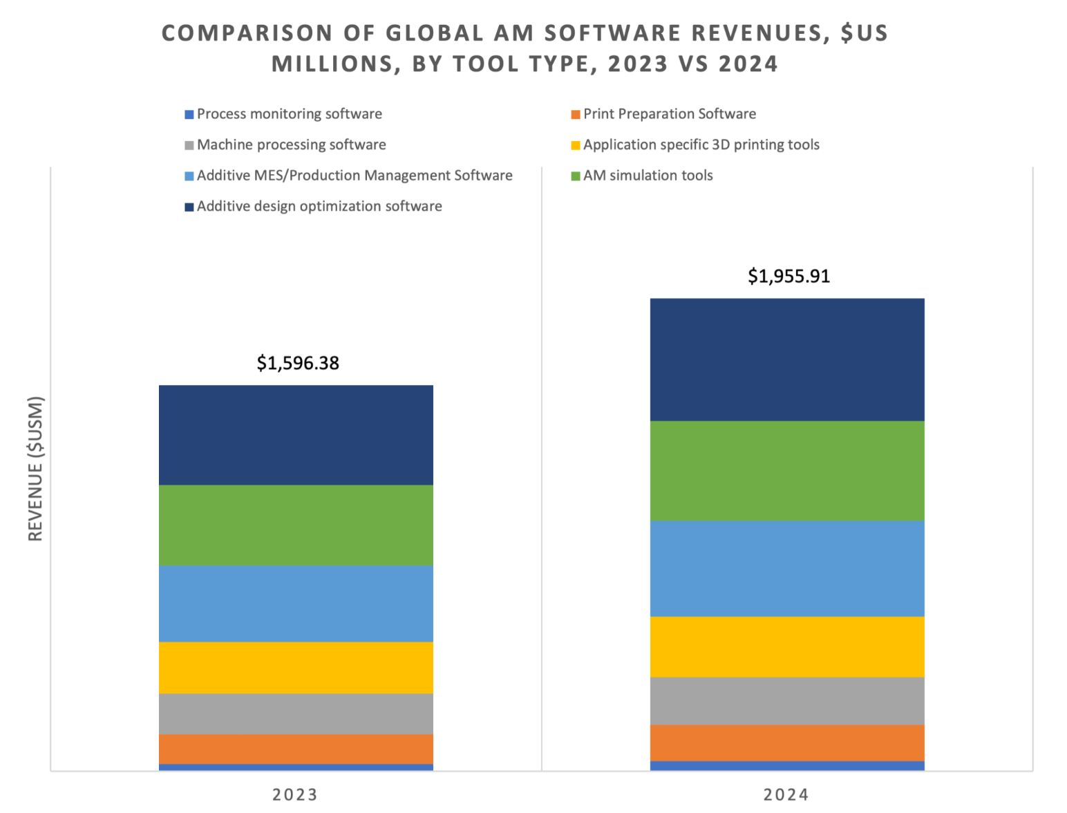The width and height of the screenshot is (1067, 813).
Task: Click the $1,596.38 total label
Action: click(298, 363)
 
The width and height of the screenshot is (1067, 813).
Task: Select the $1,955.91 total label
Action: click(789, 276)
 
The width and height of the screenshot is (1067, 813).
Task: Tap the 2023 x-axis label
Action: click(295, 794)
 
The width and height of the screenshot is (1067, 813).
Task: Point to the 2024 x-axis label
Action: click(786, 794)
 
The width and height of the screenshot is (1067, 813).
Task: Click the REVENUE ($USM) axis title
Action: click(36, 468)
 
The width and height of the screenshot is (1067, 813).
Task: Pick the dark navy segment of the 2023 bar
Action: click(296, 435)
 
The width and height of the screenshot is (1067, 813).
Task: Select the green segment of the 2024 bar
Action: click(787, 470)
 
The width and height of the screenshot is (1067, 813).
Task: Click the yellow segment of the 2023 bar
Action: click(296, 667)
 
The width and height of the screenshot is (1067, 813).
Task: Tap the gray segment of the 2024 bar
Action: click(787, 700)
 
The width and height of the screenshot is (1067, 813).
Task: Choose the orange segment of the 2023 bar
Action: click(296, 749)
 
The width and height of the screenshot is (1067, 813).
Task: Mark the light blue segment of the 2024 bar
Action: click(787, 568)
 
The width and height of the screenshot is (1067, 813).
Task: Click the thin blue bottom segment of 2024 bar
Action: click(787, 765)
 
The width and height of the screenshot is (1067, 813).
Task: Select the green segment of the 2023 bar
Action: click(296, 525)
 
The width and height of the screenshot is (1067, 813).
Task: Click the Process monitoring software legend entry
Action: click(289, 114)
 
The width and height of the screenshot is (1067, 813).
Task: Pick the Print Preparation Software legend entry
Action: click(669, 114)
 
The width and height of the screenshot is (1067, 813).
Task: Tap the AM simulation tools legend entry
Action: click(648, 176)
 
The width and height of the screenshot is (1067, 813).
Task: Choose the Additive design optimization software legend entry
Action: click(319, 206)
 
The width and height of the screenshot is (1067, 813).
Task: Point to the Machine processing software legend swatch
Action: click(189, 145)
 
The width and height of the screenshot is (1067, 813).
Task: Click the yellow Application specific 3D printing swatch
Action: click(575, 145)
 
